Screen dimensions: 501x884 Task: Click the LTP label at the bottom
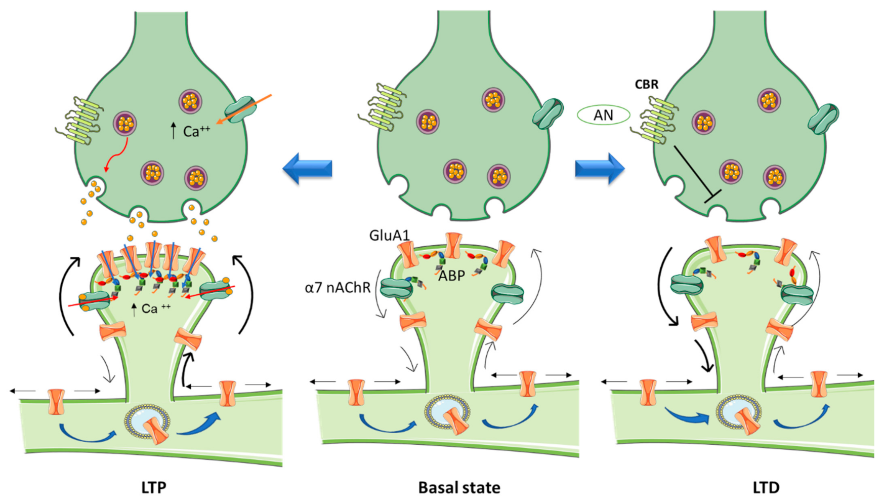tap(153, 487)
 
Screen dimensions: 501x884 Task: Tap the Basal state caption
tap(459, 487)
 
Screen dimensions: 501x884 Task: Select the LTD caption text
tap(766, 487)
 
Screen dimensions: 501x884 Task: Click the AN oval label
tap(603, 115)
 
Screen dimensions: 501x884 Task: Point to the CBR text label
tap(647, 85)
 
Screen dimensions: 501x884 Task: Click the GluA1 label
tap(389, 235)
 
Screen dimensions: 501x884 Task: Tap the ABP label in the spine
tap(451, 276)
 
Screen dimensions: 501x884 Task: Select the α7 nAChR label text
tap(338, 288)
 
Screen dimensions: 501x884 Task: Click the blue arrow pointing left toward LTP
tap(308, 169)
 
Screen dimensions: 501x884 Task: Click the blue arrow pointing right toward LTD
tap(600, 169)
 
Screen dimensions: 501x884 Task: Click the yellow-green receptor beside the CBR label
tap(656, 122)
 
